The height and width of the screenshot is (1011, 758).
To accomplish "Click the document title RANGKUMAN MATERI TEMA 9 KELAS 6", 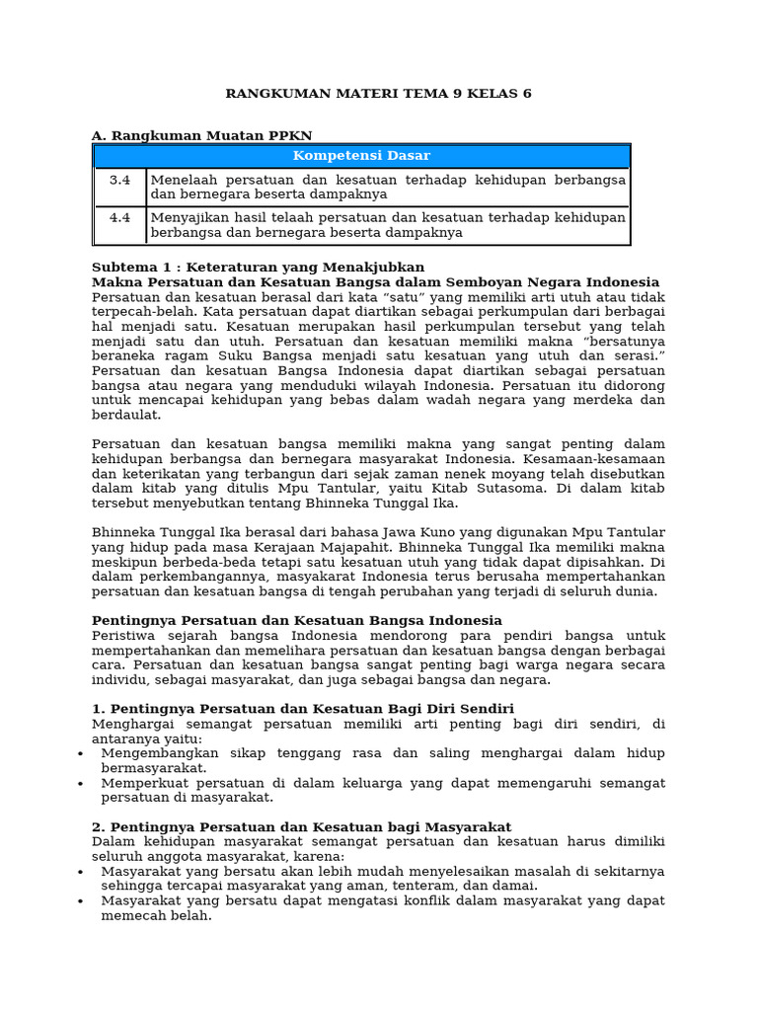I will pyautogui.click(x=378, y=94).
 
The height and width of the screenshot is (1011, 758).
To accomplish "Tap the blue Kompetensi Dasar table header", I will pyautogui.click(x=361, y=156).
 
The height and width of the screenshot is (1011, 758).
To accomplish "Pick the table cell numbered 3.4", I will pyautogui.click(x=119, y=180).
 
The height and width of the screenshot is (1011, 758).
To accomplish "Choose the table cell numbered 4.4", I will pyautogui.click(x=119, y=217).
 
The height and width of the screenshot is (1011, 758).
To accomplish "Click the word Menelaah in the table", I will pyautogui.click(x=184, y=180).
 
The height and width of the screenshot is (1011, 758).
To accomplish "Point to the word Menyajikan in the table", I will pyautogui.click(x=189, y=217).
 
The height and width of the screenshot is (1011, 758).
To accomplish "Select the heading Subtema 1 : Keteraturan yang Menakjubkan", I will pyautogui.click(x=258, y=268).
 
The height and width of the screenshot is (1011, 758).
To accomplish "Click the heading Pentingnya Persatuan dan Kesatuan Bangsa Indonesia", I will pyautogui.click(x=297, y=620).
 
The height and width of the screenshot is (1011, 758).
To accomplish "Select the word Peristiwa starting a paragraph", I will pyautogui.click(x=126, y=636).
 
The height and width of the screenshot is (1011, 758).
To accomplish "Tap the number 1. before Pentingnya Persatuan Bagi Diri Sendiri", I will pyautogui.click(x=98, y=709).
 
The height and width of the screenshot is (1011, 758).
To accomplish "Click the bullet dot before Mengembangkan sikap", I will pyautogui.click(x=80, y=754).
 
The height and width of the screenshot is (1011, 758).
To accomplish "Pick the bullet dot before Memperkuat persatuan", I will pyautogui.click(x=80, y=784).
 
